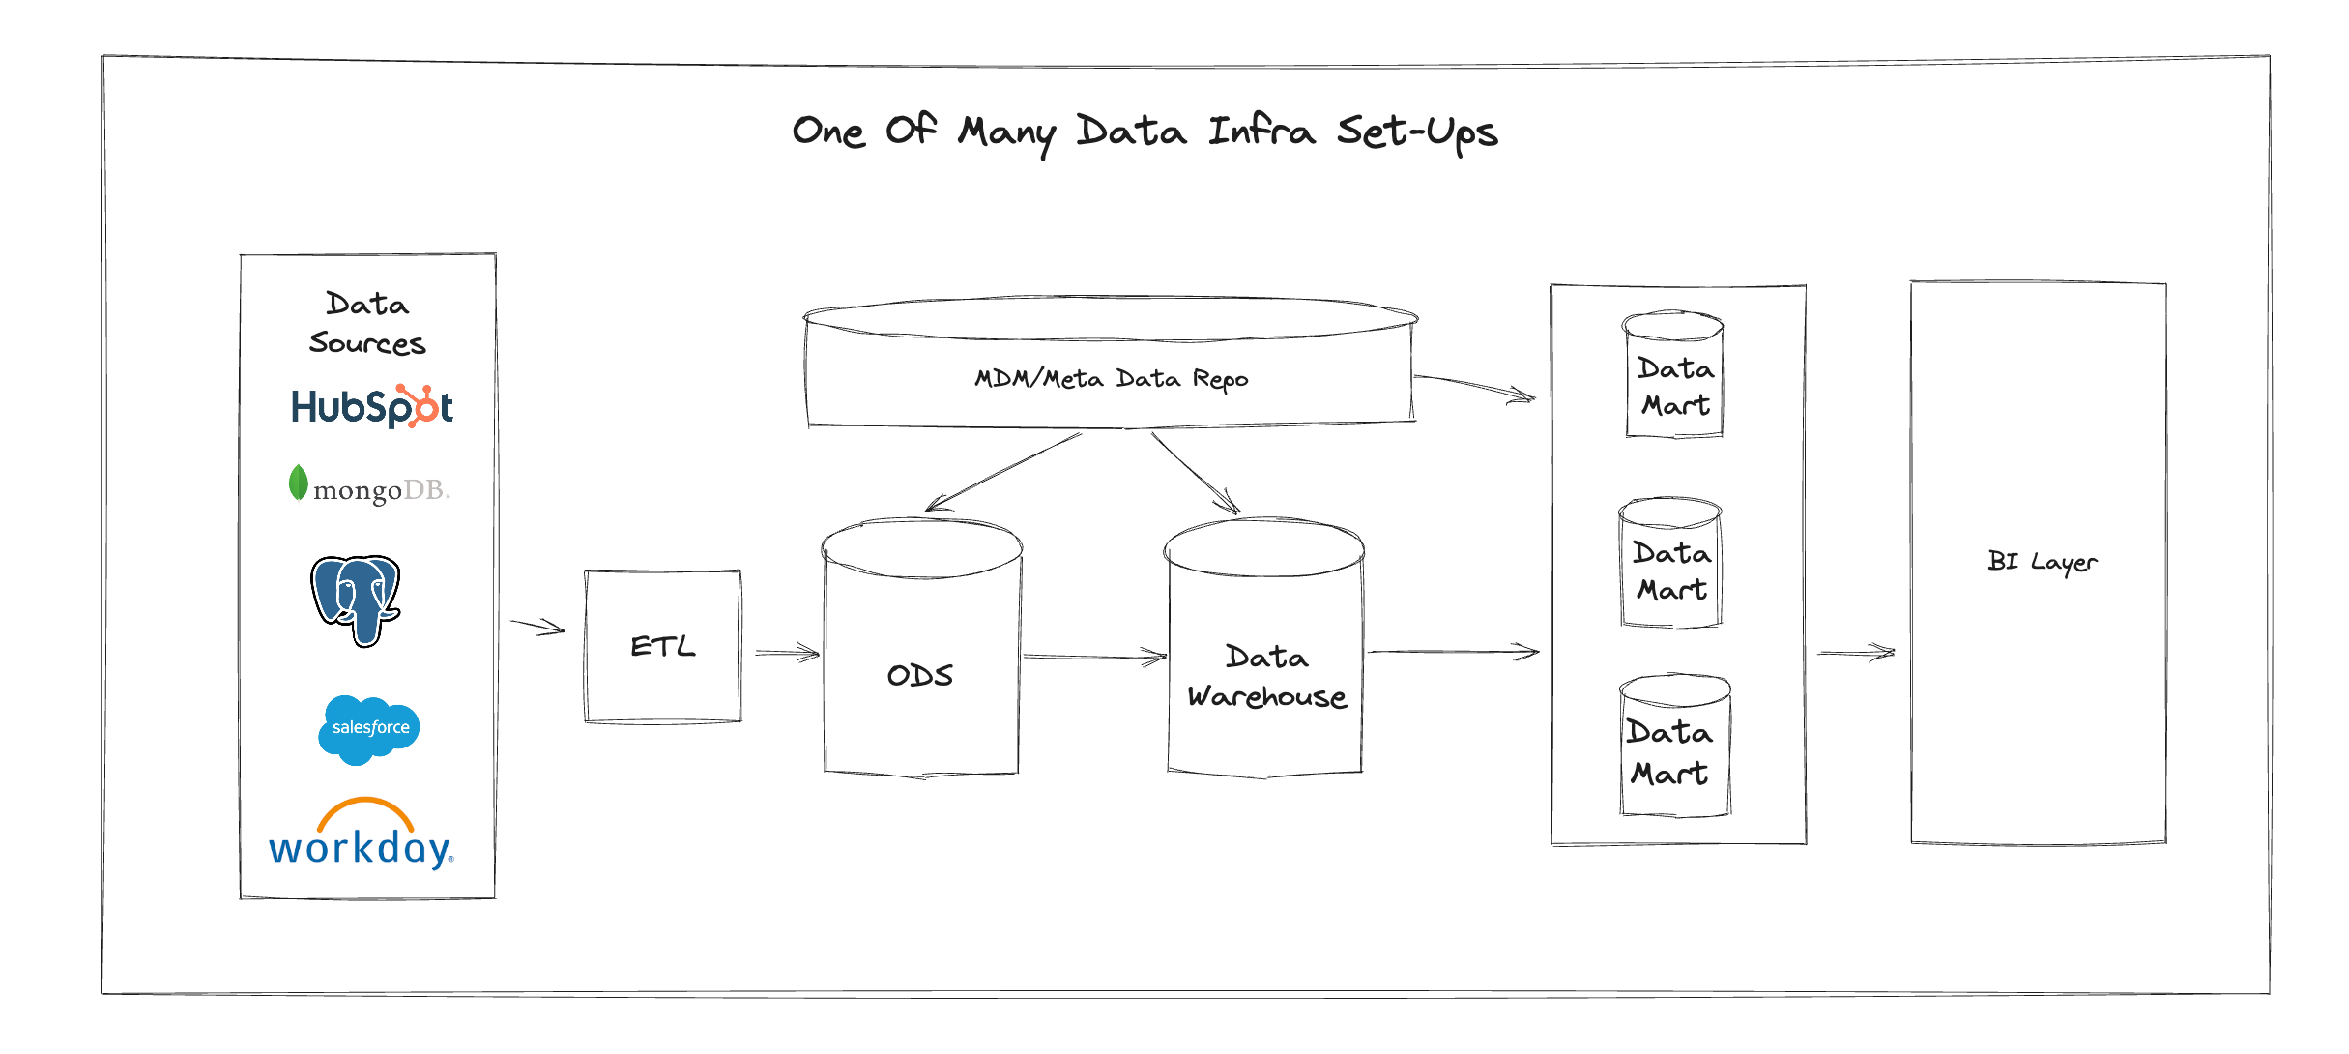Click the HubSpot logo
[x=372, y=407]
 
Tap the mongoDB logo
[x=369, y=486]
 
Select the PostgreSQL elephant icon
[x=356, y=600]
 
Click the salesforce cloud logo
[x=369, y=728]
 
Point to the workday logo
[x=362, y=835]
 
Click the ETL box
[x=663, y=646]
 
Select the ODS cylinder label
[x=920, y=675]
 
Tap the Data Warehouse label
[x=1266, y=677]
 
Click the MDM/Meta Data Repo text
[x=1112, y=378]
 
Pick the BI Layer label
[x=2042, y=562]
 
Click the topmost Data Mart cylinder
[x=1674, y=375]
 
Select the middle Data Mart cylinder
[x=1671, y=564]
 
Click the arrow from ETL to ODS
[x=787, y=653]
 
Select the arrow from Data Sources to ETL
[x=537, y=627]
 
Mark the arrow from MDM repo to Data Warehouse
[x=1195, y=473]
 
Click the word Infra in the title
[x=1261, y=131]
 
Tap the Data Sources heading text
[x=367, y=324]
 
